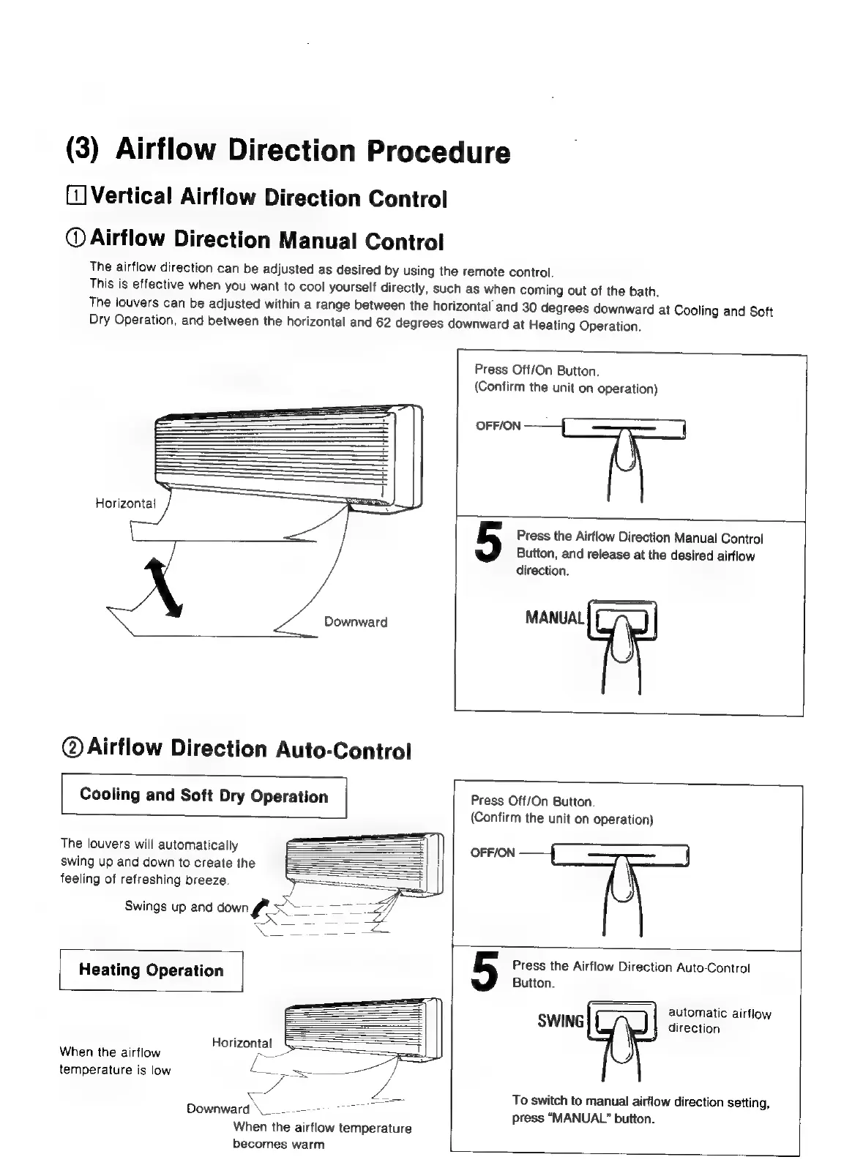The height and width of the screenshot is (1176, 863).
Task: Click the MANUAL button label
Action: coord(555,618)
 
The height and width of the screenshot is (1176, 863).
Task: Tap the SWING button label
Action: coord(561,1021)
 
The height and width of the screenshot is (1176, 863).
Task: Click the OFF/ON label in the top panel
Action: coord(498,425)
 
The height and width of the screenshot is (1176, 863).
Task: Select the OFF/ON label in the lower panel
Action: coord(493,853)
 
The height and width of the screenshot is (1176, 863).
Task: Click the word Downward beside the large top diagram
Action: coord(356,622)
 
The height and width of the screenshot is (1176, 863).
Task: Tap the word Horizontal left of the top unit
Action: coord(125,503)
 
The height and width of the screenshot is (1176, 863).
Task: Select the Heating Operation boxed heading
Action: coord(151,970)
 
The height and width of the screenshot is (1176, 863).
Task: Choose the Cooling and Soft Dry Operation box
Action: coord(203,796)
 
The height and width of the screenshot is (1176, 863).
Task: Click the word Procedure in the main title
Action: coord(438,151)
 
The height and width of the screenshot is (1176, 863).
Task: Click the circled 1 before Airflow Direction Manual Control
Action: coord(76,238)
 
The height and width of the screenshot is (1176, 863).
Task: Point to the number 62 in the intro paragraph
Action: coord(384,322)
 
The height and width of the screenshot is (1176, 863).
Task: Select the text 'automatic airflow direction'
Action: coord(719,1021)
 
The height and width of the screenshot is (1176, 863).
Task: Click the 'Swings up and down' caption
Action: coord(186,907)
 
